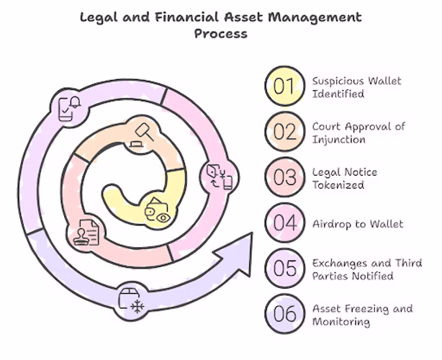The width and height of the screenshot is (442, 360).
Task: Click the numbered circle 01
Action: tap(284, 86)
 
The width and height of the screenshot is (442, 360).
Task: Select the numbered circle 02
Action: tap(284, 132)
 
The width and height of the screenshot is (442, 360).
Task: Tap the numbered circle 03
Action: tap(284, 177)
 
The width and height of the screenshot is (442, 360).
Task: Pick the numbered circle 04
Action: tap(284, 222)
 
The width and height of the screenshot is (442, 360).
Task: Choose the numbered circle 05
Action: tap(284, 268)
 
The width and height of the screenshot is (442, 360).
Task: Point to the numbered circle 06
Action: tap(284, 313)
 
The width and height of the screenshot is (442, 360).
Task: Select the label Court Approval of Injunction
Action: tap(358, 132)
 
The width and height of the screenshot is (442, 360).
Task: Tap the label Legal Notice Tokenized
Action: tap(344, 178)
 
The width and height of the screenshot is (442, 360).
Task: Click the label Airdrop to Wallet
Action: tap(357, 224)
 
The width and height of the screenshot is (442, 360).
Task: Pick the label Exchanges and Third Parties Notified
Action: tap(366, 269)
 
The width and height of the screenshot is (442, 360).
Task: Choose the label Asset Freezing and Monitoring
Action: tap(362, 315)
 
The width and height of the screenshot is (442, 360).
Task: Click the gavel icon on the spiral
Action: tap(141, 135)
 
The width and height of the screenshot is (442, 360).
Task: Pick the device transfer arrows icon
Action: tap(218, 177)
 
